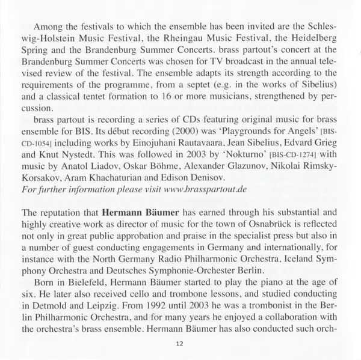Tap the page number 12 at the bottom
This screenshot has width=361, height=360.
179,343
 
